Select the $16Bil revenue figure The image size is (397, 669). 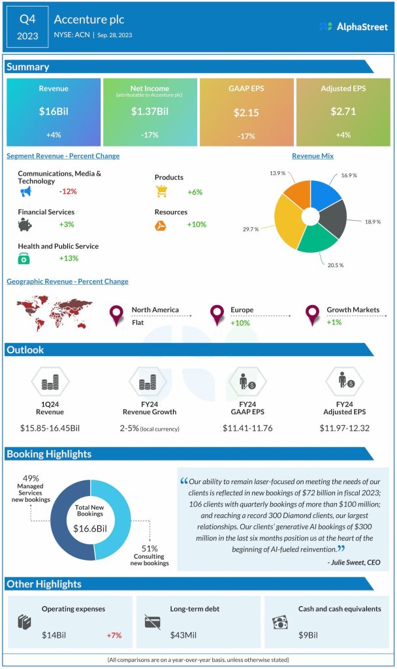tap(54, 112)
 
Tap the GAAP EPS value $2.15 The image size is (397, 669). tap(246, 112)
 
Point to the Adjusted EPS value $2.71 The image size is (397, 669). tap(343, 112)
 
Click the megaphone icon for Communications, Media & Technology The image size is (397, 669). tap(25, 191)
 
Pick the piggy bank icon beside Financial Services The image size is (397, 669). tap(25, 225)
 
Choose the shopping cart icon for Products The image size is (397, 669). tap(162, 191)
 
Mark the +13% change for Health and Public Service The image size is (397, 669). tap(68, 258)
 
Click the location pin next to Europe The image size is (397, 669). tap(217, 315)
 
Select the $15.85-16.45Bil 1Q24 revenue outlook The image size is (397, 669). tap(51, 428)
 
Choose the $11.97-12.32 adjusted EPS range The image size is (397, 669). tap(344, 428)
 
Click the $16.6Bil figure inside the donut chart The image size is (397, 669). tap(91, 528)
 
